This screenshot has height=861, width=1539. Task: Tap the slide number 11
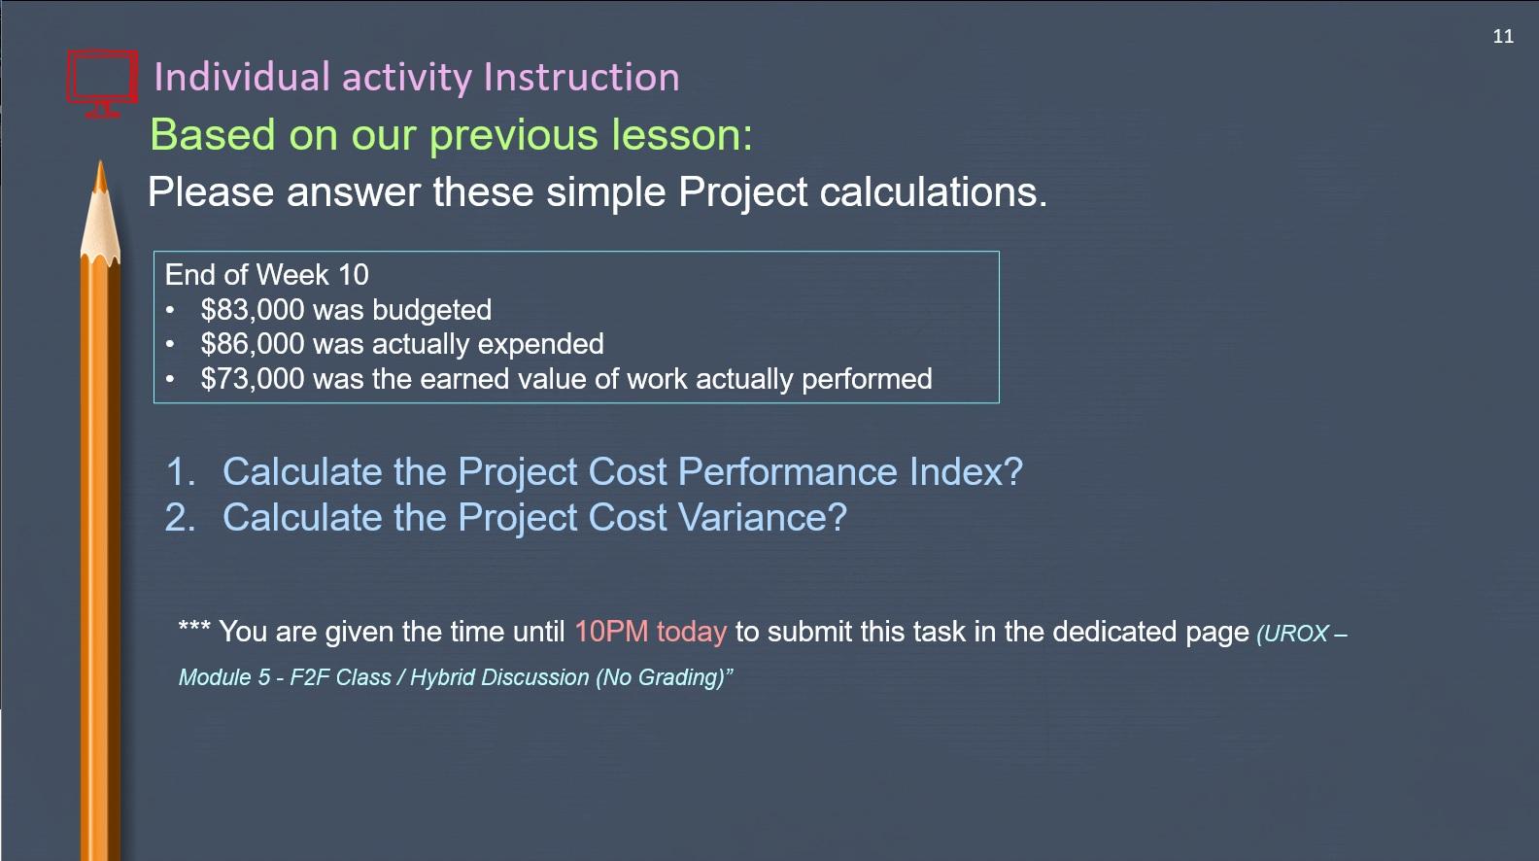[x=1503, y=37]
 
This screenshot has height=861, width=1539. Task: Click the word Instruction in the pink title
[x=581, y=78]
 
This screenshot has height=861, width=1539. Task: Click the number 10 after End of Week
[x=353, y=275]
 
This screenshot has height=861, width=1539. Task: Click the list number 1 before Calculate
[x=179, y=472]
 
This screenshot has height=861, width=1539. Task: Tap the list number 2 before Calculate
[x=179, y=518]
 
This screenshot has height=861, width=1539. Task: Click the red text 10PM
[x=610, y=632]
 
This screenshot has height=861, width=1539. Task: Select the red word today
[x=691, y=632]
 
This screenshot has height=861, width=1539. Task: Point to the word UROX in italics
[x=1296, y=634]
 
